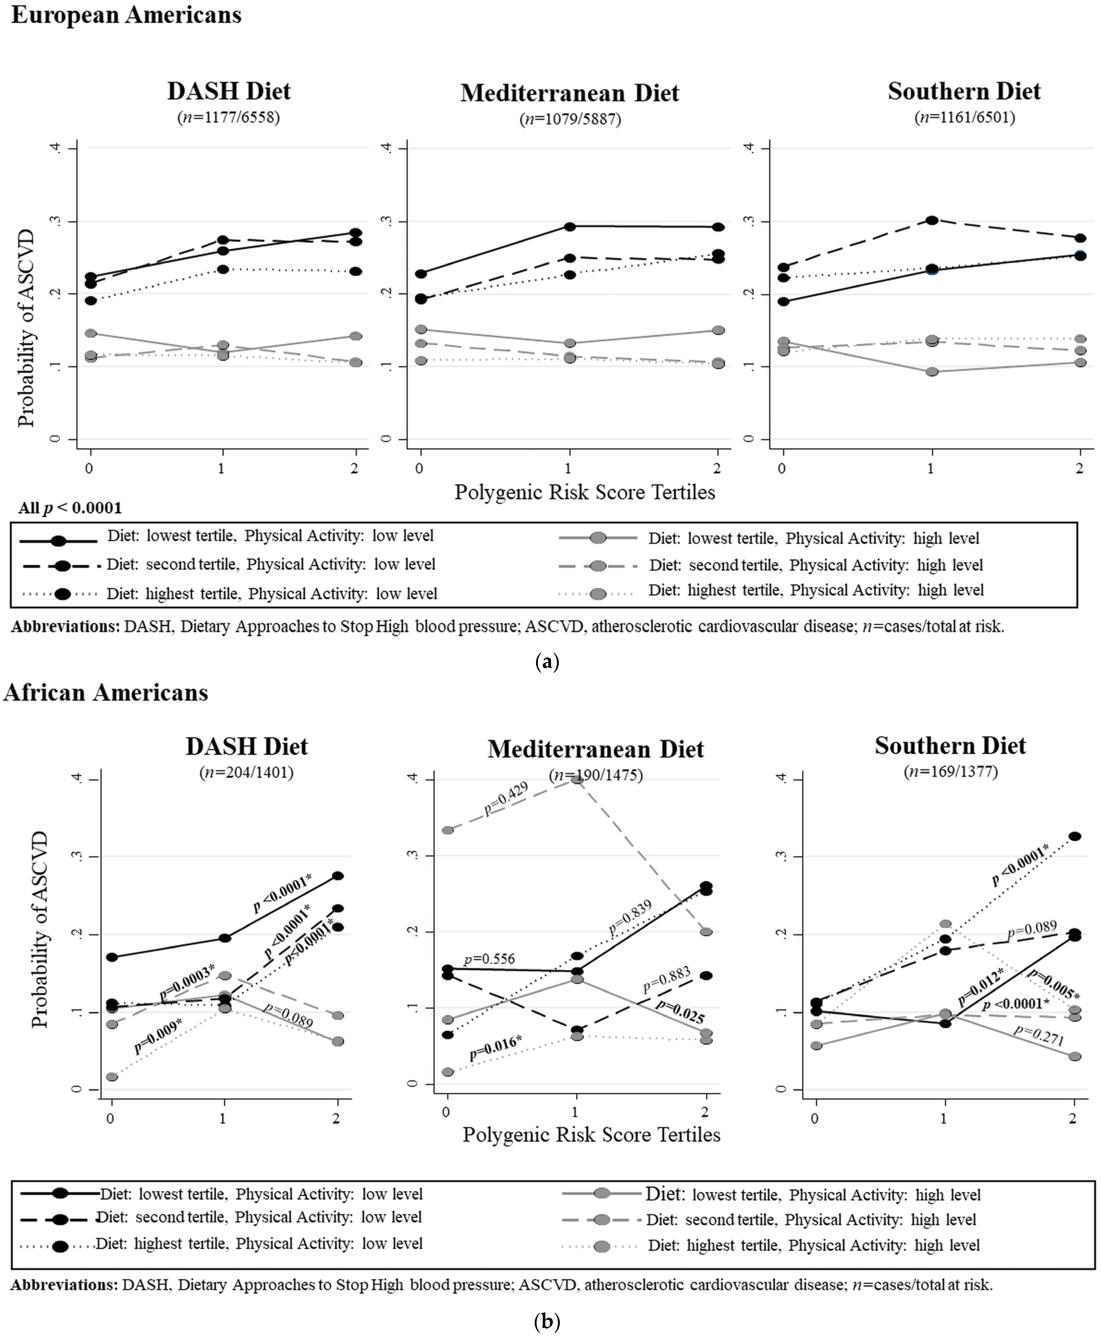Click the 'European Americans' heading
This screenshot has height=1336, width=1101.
click(126, 15)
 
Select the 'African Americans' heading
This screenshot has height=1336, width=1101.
click(106, 692)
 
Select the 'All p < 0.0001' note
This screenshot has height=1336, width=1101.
click(70, 508)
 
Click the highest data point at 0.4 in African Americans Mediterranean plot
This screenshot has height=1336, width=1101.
click(576, 780)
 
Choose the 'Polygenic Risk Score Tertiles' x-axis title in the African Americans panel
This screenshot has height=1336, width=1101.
click(591, 1134)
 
